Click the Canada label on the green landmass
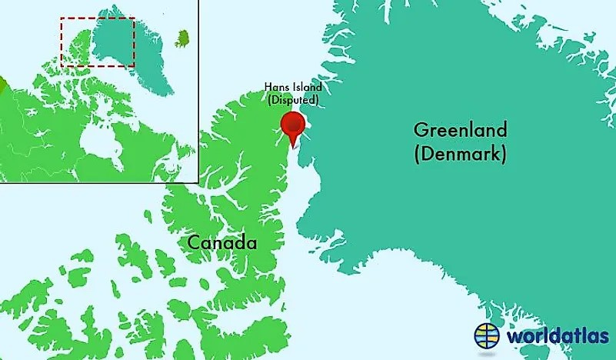point(222,243)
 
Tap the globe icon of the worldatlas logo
point(485,335)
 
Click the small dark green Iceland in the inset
point(183,38)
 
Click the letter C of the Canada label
point(195,243)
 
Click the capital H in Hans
point(266,88)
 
